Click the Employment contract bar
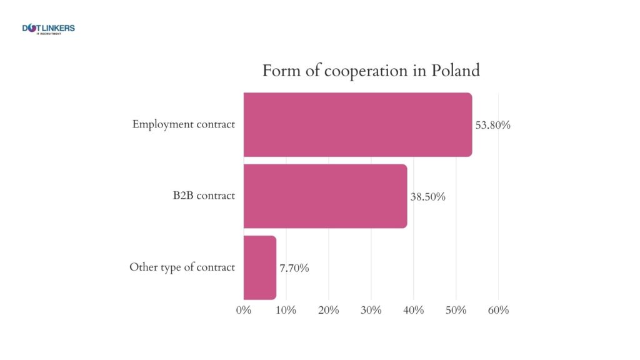coord(357,124)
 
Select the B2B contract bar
coord(325,196)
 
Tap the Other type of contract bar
coord(259,267)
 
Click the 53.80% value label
coord(493,125)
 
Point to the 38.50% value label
coord(427,197)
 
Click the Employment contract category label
coord(183,124)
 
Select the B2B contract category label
coord(204,196)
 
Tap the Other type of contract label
coord(182,267)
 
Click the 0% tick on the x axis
coord(244,310)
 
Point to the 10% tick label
coord(286,310)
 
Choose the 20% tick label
coord(329,310)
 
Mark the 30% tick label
coord(371,310)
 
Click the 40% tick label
coord(413,310)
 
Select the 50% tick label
coord(456,310)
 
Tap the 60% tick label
coord(498,310)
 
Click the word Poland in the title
coord(456,71)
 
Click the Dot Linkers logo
coord(48,29)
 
